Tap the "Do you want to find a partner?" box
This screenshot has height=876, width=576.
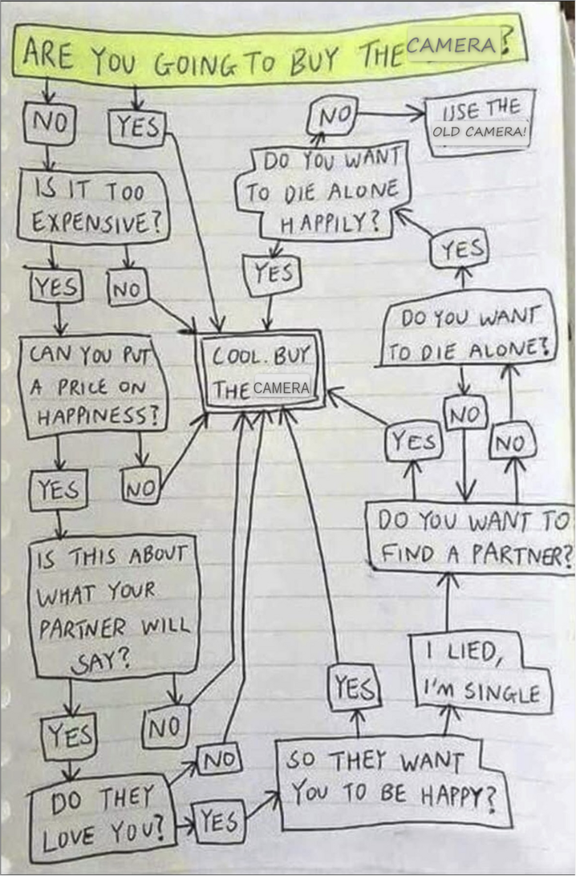click(470, 537)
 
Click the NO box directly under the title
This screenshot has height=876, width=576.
click(49, 124)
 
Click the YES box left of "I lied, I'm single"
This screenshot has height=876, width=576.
click(355, 687)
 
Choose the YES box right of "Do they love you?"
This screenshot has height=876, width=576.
click(219, 821)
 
